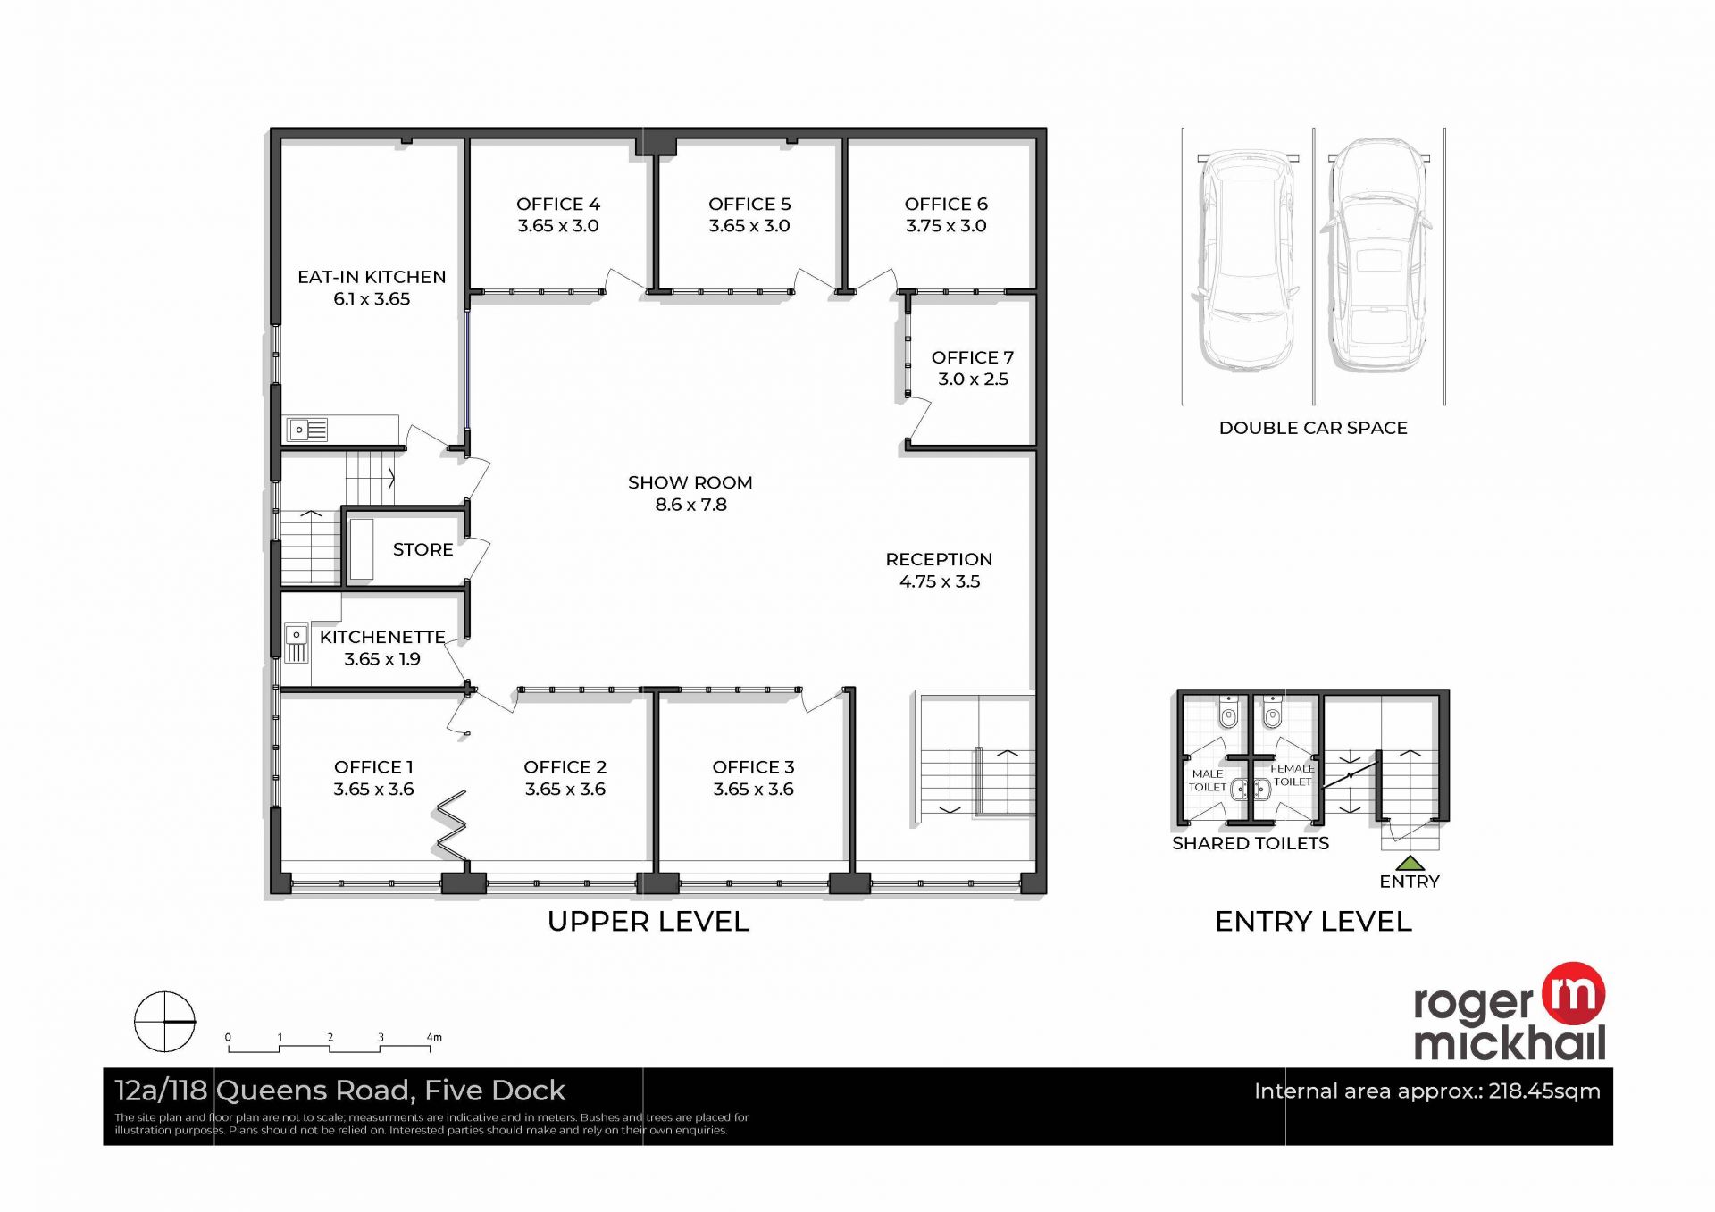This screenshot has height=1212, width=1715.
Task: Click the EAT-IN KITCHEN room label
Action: pyautogui.click(x=372, y=277)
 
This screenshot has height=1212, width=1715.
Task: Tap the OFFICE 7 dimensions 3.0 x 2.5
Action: pyautogui.click(x=973, y=379)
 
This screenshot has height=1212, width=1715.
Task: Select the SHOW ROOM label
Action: pyautogui.click(x=690, y=482)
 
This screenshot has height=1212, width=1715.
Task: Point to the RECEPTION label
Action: pyautogui.click(x=939, y=559)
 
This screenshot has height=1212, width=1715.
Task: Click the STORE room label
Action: pyautogui.click(x=422, y=549)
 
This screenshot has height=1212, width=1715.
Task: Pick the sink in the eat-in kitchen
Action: pyautogui.click(x=307, y=430)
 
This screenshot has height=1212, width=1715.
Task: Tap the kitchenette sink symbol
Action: pyautogui.click(x=297, y=642)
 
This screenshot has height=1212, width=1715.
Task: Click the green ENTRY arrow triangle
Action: pyautogui.click(x=1410, y=863)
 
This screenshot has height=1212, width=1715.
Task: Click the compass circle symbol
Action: pyautogui.click(x=164, y=1021)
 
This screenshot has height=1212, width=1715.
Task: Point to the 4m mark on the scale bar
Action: pyautogui.click(x=434, y=1037)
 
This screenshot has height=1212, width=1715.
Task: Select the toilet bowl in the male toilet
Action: pyautogui.click(x=1229, y=713)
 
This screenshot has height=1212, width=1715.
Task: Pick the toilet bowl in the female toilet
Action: pyautogui.click(x=1272, y=713)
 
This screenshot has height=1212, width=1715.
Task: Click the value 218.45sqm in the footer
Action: pyautogui.click(x=1544, y=1091)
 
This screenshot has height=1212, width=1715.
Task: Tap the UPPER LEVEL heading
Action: pyautogui.click(x=648, y=921)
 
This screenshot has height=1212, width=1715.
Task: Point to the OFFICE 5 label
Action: pyautogui.click(x=749, y=204)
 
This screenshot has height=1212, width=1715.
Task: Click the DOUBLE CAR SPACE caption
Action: pyautogui.click(x=1313, y=428)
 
